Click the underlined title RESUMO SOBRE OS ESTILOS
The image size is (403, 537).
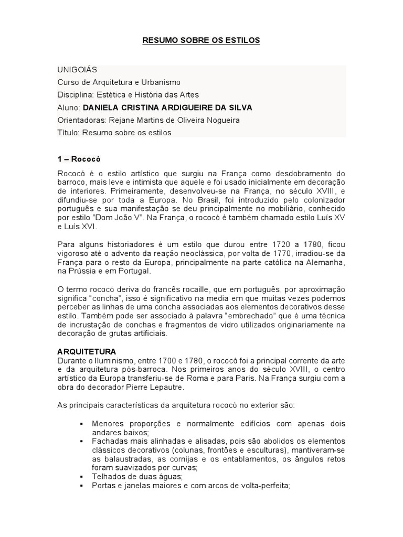tap(201, 40)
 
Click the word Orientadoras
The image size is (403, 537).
tap(80, 120)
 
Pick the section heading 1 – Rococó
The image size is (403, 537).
tap(79, 159)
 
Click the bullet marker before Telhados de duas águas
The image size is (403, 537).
tap(81, 477)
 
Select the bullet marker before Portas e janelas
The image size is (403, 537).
tap(81, 486)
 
